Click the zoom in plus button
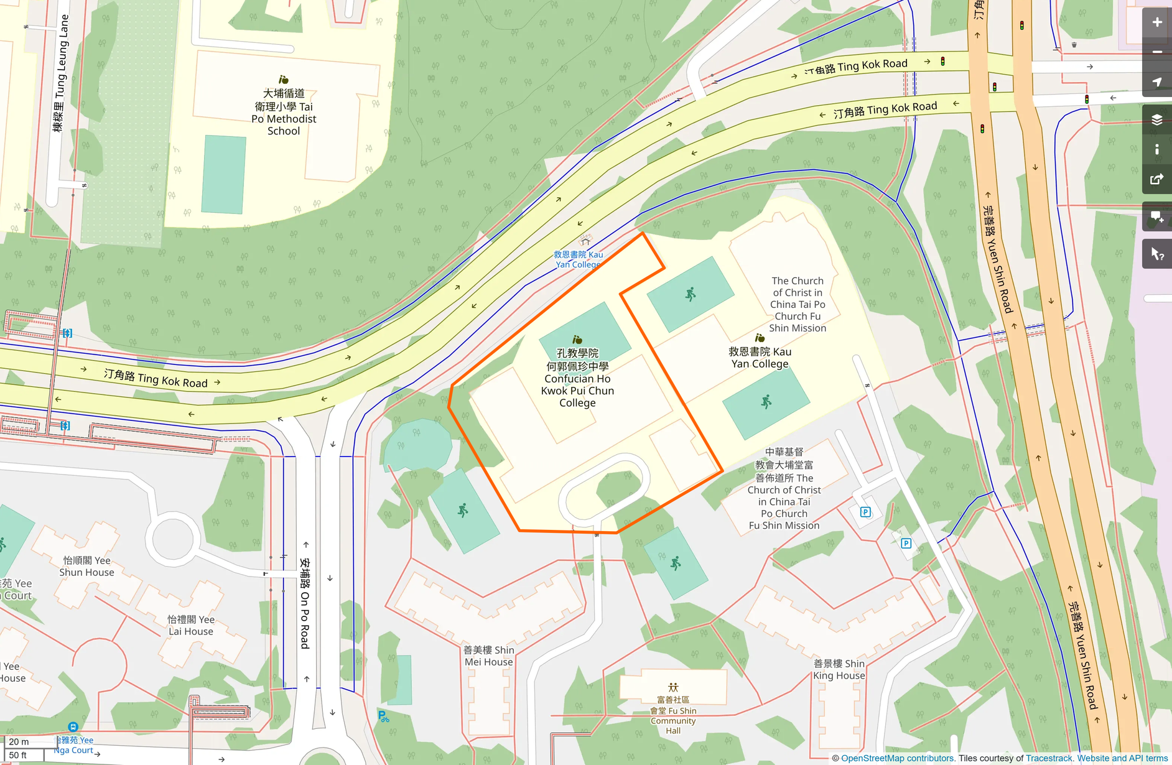(x=1156, y=22)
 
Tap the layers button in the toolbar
(x=1156, y=119)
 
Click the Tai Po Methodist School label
(x=284, y=112)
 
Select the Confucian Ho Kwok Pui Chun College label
(x=577, y=378)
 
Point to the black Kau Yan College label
(x=760, y=358)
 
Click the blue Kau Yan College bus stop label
(x=578, y=259)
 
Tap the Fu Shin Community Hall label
(x=673, y=715)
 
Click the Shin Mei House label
(x=488, y=656)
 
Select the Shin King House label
(x=839, y=669)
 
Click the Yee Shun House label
(x=87, y=566)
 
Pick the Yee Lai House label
(x=190, y=625)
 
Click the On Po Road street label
(x=305, y=603)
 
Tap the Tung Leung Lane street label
(x=61, y=73)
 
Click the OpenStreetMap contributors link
(x=897, y=758)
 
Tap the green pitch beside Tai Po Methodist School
(x=224, y=175)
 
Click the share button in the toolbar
(x=1156, y=179)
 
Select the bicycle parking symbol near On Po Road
(x=383, y=716)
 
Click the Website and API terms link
(x=1122, y=758)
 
